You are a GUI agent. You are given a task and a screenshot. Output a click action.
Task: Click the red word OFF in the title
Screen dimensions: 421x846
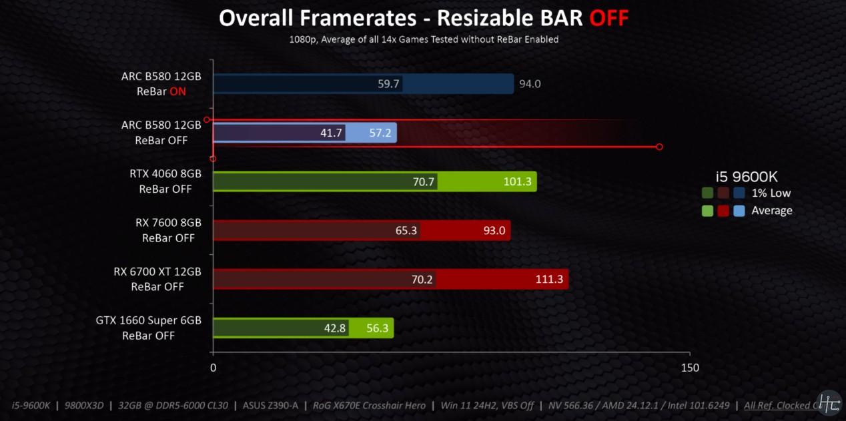608,18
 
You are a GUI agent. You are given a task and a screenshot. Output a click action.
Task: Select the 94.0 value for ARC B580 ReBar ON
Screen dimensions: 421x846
530,84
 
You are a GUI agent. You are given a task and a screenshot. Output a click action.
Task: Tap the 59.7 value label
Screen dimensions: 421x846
388,84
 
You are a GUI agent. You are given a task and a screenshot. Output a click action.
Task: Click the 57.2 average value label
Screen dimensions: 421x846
380,133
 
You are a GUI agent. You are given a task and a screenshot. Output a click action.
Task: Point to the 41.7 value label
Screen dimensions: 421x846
331,133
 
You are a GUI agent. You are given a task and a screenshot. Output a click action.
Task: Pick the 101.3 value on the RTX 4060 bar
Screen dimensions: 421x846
517,181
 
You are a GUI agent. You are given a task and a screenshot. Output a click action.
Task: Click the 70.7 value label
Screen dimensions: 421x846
424,181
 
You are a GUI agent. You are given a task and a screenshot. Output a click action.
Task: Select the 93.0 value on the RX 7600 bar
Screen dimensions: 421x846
494,231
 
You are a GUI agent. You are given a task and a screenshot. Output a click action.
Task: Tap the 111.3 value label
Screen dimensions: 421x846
549,280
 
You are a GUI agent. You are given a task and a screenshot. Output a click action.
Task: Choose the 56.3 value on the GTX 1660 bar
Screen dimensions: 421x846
378,328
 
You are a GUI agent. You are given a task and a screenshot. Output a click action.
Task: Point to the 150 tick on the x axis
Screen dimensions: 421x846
690,368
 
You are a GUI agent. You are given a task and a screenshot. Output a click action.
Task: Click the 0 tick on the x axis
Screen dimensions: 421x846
213,368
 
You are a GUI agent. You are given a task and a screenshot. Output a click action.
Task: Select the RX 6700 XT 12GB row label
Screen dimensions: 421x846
157,280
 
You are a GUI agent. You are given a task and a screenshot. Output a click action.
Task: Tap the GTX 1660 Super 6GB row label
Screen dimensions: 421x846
148,328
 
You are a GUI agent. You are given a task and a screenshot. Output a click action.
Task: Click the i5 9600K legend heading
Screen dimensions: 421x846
747,177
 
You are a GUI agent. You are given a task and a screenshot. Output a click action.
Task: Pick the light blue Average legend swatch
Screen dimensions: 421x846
739,211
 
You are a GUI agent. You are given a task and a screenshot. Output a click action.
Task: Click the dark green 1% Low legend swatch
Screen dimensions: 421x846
708,193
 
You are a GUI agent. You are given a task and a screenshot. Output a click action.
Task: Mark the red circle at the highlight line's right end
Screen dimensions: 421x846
659,147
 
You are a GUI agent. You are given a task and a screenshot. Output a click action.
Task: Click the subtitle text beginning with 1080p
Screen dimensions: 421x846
424,39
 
